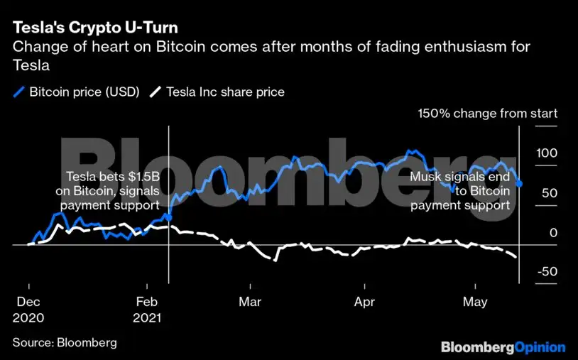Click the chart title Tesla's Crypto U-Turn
pyautogui.click(x=95, y=28)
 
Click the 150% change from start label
pyautogui.click(x=487, y=114)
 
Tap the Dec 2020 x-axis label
pyautogui.click(x=28, y=309)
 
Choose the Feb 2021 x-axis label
pyautogui.click(x=146, y=309)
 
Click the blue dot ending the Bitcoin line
pyautogui.click(x=519, y=184)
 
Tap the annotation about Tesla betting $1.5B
pyautogui.click(x=108, y=191)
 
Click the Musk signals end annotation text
pyautogui.click(x=460, y=191)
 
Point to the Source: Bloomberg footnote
pyautogui.click(x=65, y=342)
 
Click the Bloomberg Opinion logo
pyautogui.click(x=503, y=347)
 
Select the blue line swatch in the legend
pyautogui.click(x=18, y=92)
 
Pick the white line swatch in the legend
pyautogui.click(x=157, y=92)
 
